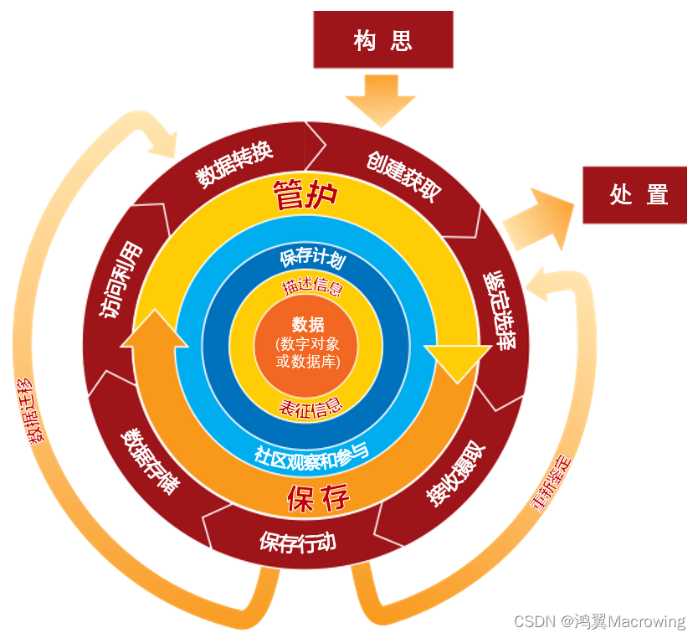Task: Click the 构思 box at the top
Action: point(382,40)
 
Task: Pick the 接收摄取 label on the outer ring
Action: point(455,473)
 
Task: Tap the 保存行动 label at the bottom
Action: point(298,540)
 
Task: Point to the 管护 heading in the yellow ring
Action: point(305,196)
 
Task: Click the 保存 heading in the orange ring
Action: point(317,498)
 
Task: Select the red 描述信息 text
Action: point(312,288)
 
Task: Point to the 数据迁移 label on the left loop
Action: point(30,410)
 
